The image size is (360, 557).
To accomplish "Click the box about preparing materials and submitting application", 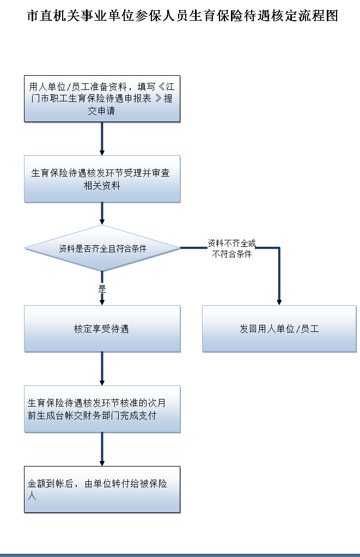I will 102,99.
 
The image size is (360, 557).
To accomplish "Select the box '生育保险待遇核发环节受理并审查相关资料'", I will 102,179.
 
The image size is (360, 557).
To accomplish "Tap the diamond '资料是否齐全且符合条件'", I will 102,249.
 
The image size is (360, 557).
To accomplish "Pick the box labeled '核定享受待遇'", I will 102,329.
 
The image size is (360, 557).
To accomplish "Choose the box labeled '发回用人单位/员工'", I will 279,329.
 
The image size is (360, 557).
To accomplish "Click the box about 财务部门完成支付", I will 102,409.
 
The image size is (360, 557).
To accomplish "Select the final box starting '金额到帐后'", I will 102,489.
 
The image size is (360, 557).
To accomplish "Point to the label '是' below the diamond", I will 102,289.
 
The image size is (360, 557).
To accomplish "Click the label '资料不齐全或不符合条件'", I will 231,249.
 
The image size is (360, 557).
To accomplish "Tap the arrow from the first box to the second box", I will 102,139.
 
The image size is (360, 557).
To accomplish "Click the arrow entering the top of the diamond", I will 102,214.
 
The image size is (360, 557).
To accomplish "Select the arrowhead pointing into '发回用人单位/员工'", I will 279,301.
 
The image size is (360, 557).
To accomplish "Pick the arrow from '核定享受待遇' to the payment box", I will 102,368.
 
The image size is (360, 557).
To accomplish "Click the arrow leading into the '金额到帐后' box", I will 102,449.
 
